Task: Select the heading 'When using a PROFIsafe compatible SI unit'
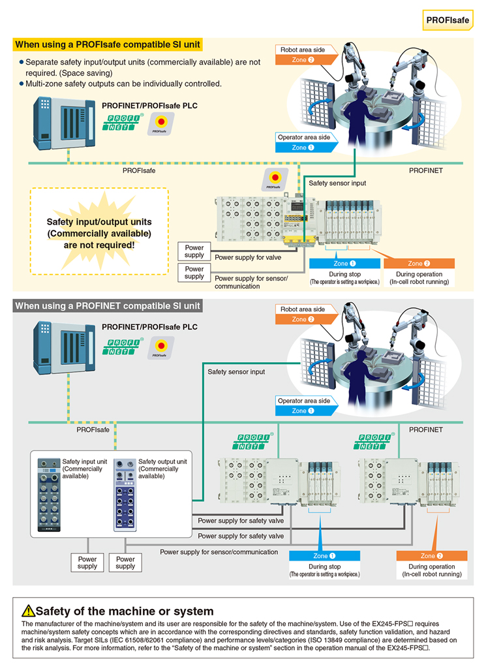108,44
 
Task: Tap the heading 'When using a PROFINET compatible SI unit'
108,305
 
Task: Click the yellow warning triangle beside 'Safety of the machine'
28,611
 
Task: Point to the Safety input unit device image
48,495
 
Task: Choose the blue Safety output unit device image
125,495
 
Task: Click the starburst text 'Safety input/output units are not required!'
99,233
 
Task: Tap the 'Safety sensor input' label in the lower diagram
236,371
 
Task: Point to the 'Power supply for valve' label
249,257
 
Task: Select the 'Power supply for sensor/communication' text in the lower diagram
219,552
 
